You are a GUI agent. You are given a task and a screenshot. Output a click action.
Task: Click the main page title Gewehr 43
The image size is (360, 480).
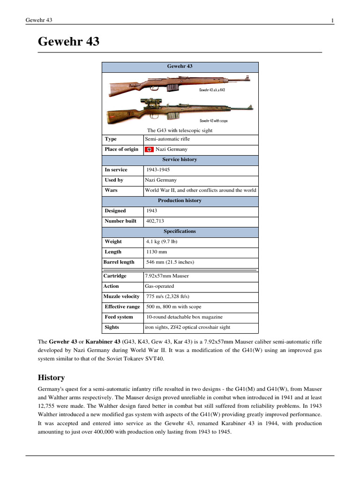(x=68, y=42)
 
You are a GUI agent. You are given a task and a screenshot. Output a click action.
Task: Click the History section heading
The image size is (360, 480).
(x=51, y=377)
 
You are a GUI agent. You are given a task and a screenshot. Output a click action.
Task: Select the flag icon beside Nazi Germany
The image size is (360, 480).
(x=149, y=150)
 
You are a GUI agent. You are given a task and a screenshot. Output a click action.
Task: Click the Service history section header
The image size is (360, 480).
(x=180, y=159)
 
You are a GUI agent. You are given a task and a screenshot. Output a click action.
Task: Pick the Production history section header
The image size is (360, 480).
(x=180, y=201)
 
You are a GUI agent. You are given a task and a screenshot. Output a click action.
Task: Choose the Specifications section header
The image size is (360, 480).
(x=180, y=232)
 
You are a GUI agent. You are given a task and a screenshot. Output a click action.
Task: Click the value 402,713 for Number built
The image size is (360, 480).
(x=155, y=221)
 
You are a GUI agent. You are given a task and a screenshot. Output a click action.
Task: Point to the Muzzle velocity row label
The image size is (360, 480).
(x=121, y=296)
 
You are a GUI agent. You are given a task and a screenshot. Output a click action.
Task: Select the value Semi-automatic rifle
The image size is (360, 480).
(x=167, y=139)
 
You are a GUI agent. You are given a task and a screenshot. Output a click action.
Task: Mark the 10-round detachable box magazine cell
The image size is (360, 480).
(x=184, y=317)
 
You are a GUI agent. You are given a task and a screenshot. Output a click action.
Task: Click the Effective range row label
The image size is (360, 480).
(x=122, y=307)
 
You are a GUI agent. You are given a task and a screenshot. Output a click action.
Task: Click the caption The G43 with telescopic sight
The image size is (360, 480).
(x=180, y=130)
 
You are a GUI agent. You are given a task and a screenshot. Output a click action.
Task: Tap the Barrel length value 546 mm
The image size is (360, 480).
(x=170, y=262)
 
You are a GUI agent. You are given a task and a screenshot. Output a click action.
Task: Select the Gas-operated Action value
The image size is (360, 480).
(x=159, y=286)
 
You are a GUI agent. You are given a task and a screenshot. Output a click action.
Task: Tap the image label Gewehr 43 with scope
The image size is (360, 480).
(x=213, y=120)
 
